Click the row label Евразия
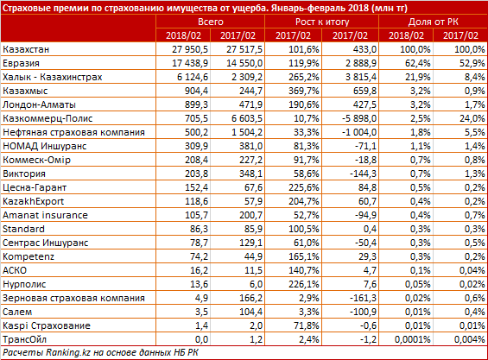coord(21,63)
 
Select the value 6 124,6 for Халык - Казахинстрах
coord(193,77)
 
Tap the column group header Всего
coord(211,22)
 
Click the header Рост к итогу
coord(322,22)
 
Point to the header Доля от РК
coord(434,22)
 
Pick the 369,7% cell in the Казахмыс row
coord(303,91)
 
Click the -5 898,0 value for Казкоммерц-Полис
coord(359,118)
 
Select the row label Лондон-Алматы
coord(39,104)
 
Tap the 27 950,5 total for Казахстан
coord(190,49)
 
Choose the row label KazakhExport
coord(34,201)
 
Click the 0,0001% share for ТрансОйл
coord(412,339)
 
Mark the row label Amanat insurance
coord(45,215)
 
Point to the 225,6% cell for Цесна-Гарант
coord(303,187)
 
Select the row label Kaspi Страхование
coord(47,325)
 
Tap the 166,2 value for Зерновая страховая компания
coord(250,298)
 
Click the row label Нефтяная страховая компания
coord(73,132)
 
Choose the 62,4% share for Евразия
coord(418,63)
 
